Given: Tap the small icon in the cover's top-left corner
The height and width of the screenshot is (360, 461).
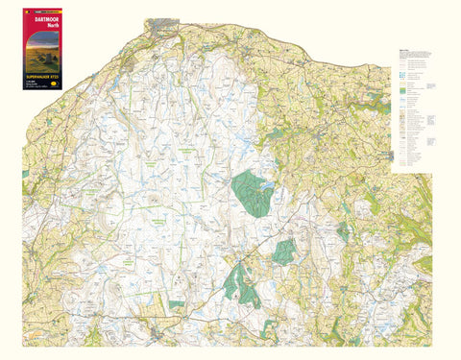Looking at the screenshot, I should (27, 6).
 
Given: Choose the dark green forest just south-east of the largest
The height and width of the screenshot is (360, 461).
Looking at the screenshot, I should (284, 252).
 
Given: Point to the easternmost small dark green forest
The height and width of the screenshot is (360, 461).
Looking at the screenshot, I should (343, 230).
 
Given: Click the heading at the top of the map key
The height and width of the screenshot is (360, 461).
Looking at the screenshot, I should (400, 51).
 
